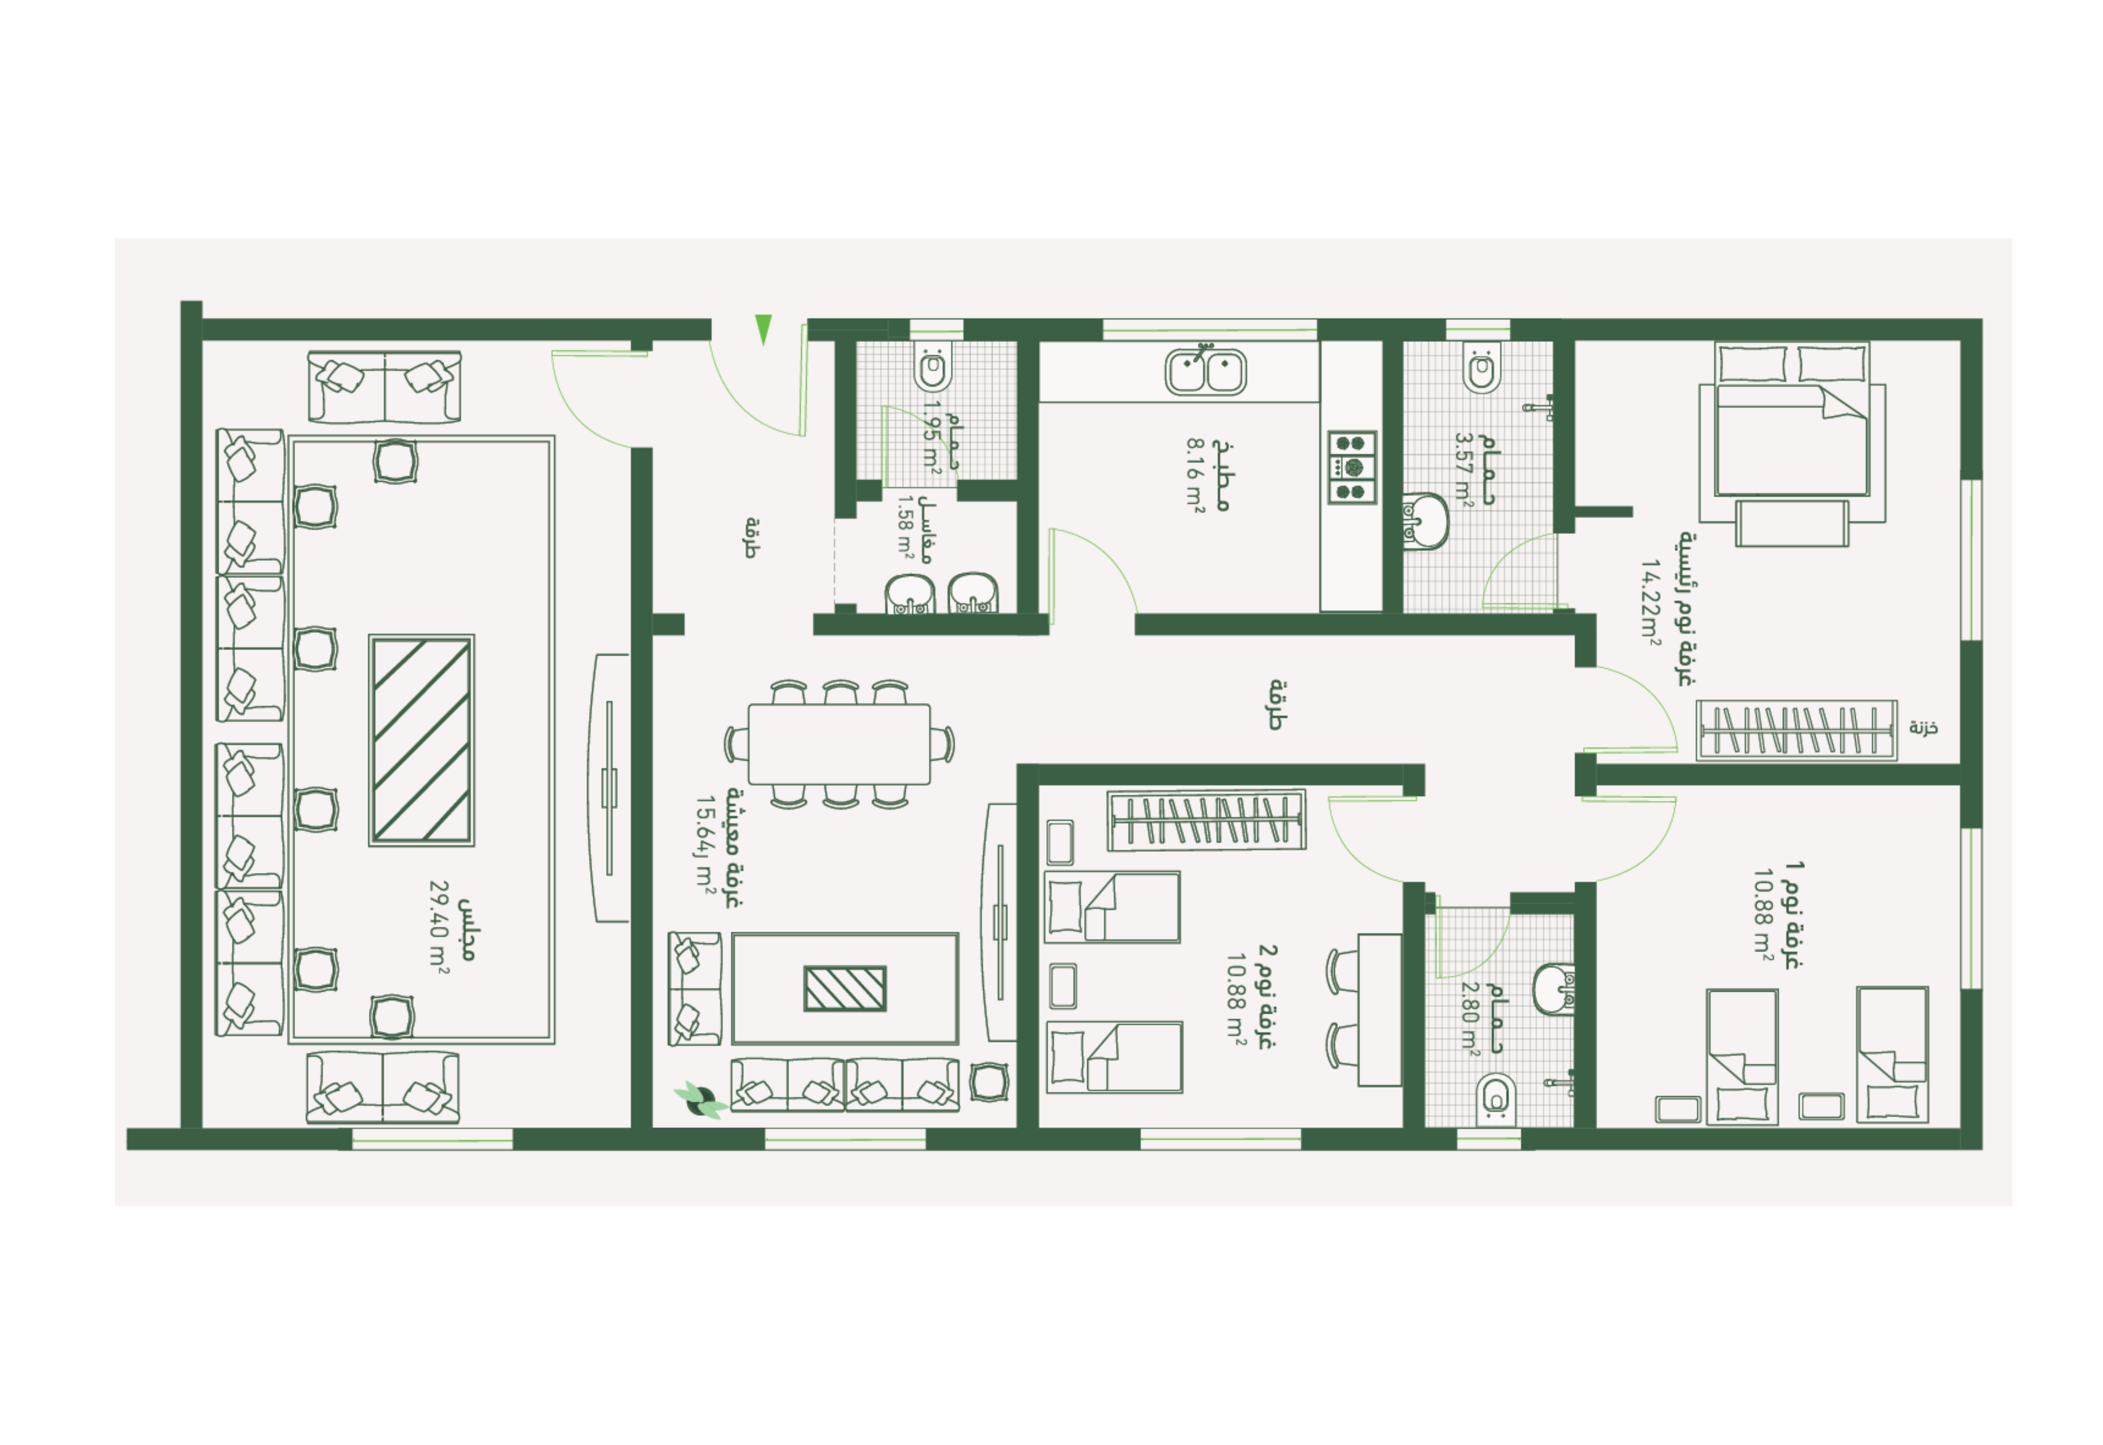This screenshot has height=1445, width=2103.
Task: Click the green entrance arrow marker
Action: (763, 328)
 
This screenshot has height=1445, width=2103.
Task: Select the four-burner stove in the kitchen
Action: (1351, 467)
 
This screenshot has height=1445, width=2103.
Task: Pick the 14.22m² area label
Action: (1650, 602)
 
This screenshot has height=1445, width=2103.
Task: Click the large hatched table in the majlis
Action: (421, 740)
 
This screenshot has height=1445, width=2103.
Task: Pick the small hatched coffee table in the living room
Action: (845, 989)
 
